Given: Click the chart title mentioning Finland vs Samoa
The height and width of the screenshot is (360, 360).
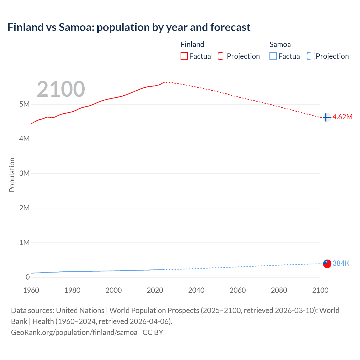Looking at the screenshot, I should [129, 27].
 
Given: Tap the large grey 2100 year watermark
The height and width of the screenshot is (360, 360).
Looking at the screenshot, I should [61, 89].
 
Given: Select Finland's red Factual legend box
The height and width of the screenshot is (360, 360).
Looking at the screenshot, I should [184, 56].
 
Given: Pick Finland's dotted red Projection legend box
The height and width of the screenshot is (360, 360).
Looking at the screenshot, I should [222, 56].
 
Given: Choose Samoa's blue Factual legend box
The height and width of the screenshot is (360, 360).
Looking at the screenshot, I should [273, 56].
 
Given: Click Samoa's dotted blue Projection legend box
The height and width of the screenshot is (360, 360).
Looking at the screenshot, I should [311, 56].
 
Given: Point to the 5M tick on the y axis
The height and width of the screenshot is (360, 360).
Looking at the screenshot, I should [24, 104].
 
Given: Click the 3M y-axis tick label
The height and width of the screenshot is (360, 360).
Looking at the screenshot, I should [24, 173].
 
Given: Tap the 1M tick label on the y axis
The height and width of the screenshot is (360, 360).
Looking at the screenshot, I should [24, 242].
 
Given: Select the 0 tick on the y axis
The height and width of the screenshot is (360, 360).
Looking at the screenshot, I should [28, 277].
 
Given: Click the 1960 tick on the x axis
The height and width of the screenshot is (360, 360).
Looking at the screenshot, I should [31, 290].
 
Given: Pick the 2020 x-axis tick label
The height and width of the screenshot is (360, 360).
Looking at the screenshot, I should [155, 290].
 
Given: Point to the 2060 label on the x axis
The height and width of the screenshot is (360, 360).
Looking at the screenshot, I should [238, 290].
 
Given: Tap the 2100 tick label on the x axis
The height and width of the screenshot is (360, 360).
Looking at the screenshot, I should [320, 290].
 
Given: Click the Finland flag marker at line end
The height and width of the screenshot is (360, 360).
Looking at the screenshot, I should [327, 117].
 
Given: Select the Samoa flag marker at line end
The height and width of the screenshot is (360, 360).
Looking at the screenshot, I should [327, 264].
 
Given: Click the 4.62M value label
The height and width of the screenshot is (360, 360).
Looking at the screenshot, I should [342, 117].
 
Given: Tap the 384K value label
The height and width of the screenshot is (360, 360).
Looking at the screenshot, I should [341, 263].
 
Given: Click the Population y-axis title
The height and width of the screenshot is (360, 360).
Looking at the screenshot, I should [12, 175].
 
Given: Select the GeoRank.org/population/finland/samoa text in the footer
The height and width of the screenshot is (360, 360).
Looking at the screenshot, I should [74, 332].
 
